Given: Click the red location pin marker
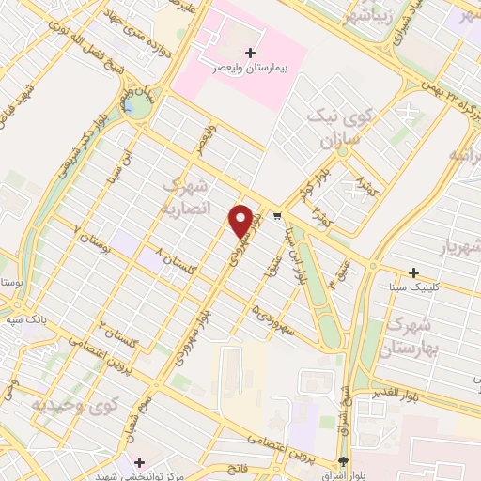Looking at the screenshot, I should point(241,221).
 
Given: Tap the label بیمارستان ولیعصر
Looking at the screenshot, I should point(249,69).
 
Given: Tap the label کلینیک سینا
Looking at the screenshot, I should point(413,289).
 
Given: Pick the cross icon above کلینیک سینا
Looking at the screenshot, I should point(414,272).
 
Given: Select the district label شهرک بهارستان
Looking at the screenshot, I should point(407,334).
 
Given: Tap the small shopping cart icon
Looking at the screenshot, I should point(277,216).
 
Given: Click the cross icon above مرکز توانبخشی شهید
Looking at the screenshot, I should point(140,463).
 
